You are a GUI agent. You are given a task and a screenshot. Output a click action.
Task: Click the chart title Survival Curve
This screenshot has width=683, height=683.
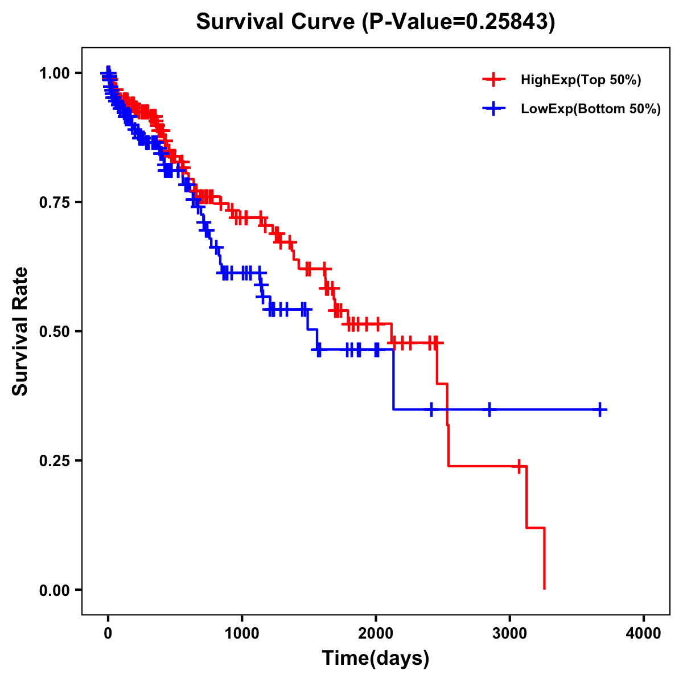pos(375,22)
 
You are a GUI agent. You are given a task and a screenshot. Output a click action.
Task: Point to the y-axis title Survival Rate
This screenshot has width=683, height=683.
pos(20,331)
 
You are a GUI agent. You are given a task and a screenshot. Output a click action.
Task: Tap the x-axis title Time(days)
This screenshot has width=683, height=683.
pos(376,659)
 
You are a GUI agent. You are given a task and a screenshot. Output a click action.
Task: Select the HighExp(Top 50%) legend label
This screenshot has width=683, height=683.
pos(581,80)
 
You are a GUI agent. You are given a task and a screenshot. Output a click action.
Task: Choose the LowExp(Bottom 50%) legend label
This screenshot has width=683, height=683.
pos(591,109)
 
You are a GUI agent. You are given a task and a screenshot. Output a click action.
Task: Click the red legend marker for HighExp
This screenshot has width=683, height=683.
pos(494,80)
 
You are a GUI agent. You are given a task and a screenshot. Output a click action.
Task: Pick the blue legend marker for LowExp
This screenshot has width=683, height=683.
pos(494,109)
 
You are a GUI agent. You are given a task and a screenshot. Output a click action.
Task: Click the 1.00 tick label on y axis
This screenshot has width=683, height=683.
pos(55,73)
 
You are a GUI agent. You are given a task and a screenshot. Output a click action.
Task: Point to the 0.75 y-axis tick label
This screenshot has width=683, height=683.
pos(55,203)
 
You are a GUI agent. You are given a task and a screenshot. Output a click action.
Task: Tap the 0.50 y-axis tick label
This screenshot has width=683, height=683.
pos(55,331)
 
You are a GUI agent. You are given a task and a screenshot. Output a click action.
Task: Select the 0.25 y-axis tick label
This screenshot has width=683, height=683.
pos(55,460)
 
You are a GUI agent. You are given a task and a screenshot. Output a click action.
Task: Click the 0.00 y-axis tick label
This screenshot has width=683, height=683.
pos(55,590)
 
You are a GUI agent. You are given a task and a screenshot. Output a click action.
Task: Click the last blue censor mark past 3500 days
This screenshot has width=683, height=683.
pos(600,409)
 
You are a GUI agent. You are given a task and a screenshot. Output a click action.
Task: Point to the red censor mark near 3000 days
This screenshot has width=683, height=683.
pos(519,466)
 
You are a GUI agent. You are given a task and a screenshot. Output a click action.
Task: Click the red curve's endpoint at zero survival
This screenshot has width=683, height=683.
pos(545,589)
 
